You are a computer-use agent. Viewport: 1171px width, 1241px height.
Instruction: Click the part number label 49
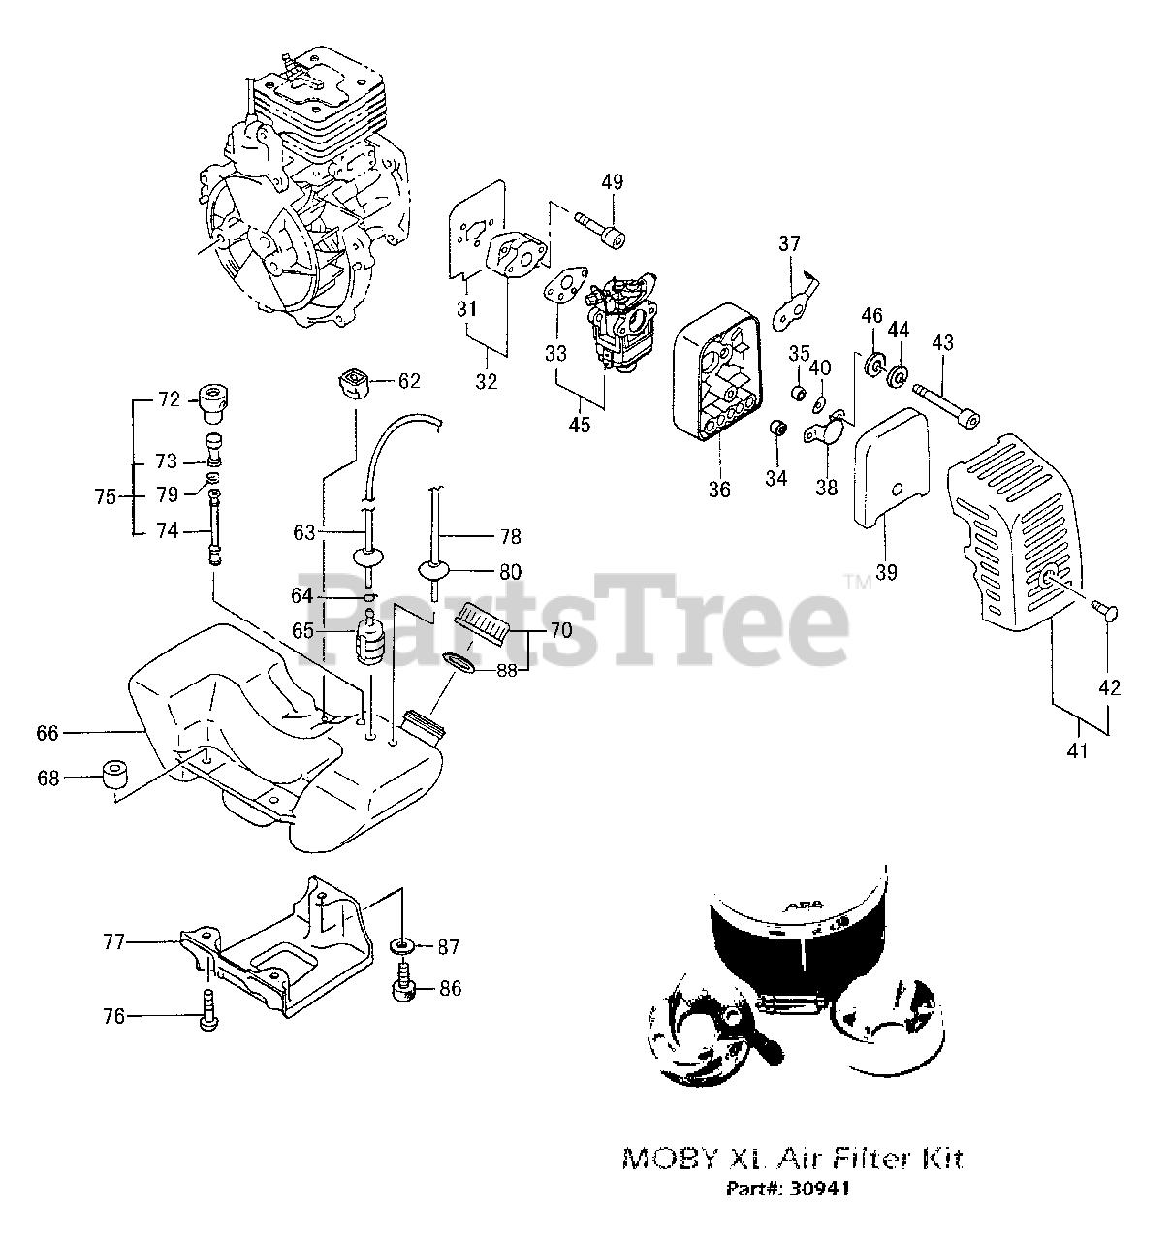612,182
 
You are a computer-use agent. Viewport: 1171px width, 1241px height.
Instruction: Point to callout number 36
718,490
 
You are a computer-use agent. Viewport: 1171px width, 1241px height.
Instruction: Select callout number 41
1079,748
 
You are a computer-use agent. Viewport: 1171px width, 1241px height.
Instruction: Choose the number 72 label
170,399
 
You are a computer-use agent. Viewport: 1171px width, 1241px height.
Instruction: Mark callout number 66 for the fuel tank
47,733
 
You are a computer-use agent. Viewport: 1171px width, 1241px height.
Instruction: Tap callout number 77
115,940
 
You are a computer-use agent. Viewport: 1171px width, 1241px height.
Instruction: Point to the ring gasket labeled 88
462,662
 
